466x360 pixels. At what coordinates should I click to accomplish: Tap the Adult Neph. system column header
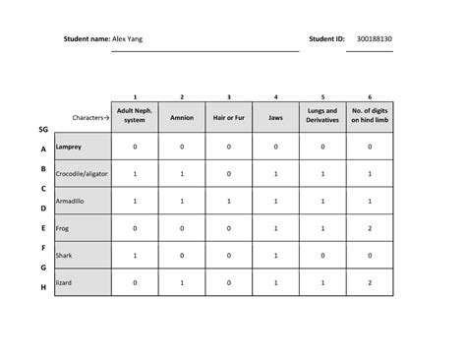coord(135,116)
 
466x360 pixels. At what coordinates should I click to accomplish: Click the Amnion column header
coord(182,117)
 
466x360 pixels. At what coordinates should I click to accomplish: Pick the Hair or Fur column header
coord(229,117)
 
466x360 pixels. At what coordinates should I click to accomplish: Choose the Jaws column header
coord(276,117)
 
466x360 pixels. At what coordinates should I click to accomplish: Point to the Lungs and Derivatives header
coord(323,116)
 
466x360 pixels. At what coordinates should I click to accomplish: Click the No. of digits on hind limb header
coord(370,116)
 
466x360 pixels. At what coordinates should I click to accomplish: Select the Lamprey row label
coord(70,147)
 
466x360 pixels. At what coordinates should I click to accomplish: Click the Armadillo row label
coord(71,201)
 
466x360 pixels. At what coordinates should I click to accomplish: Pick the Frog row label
coord(64,228)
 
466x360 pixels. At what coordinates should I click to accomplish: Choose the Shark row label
coord(65,255)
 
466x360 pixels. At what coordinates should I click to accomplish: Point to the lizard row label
coord(65,282)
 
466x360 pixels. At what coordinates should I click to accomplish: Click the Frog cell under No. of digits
coord(370,228)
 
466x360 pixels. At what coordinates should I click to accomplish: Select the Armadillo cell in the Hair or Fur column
coord(229,201)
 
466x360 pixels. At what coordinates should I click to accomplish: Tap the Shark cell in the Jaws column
coord(276,255)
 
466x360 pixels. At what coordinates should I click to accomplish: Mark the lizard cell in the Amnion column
coord(182,282)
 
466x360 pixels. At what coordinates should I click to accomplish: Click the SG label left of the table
coord(43,129)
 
